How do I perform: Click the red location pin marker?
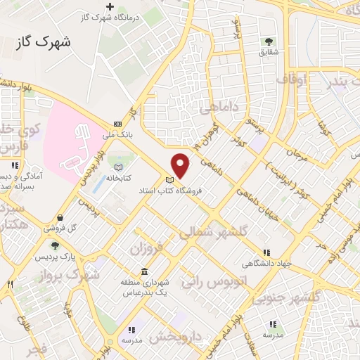coord(181,165)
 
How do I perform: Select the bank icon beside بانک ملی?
coord(117,124)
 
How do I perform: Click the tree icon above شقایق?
coord(268,41)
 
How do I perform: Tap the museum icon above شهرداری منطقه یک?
coord(144,271)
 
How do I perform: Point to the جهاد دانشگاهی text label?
coord(265,264)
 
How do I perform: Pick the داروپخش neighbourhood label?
coord(176,337)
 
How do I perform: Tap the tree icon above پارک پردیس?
coord(55,245)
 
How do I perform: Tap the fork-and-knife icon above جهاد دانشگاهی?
coord(266,252)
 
